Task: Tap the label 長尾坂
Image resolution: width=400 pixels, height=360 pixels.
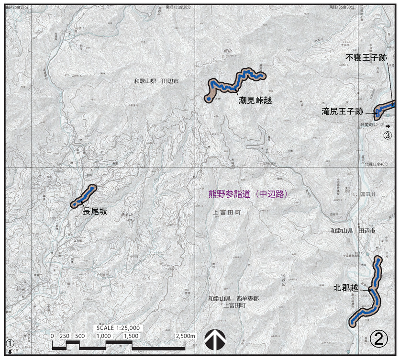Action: coord(95,211)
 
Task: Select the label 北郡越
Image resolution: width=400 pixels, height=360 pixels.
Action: coord(346,288)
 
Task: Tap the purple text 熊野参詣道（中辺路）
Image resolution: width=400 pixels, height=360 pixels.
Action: coord(250,194)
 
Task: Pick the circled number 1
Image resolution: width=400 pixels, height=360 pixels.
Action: coord(9,343)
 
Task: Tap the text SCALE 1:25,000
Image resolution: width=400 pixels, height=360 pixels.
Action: coord(118,327)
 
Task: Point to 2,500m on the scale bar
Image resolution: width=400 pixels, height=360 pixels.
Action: coord(185,336)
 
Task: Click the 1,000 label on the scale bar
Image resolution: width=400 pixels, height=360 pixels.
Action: coord(103,336)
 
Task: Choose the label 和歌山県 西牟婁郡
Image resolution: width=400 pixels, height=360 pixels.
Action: coord(233,299)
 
